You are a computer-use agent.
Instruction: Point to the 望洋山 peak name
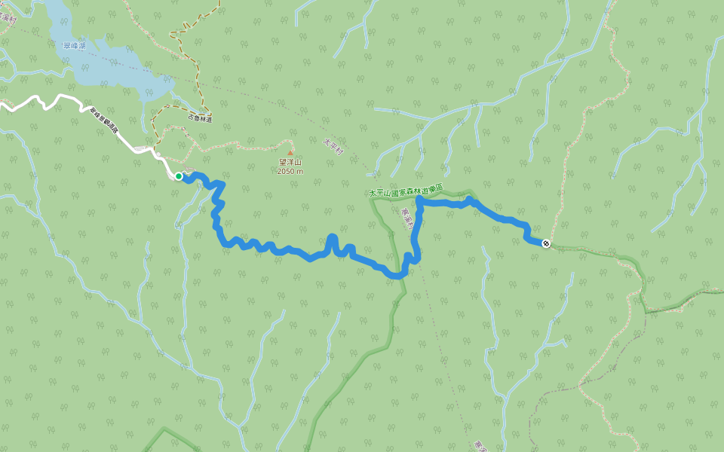click(290, 162)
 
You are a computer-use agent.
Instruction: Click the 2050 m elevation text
click(290, 171)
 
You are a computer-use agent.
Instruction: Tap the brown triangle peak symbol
click(290, 152)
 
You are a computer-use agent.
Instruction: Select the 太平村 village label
click(333, 146)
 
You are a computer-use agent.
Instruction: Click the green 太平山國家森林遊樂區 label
click(405, 191)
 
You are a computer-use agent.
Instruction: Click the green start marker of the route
click(179, 176)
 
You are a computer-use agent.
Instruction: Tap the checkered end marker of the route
click(545, 243)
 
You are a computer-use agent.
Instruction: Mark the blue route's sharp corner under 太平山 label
click(418, 202)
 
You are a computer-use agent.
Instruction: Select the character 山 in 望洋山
click(297, 162)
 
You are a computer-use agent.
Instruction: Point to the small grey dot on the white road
click(158, 154)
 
